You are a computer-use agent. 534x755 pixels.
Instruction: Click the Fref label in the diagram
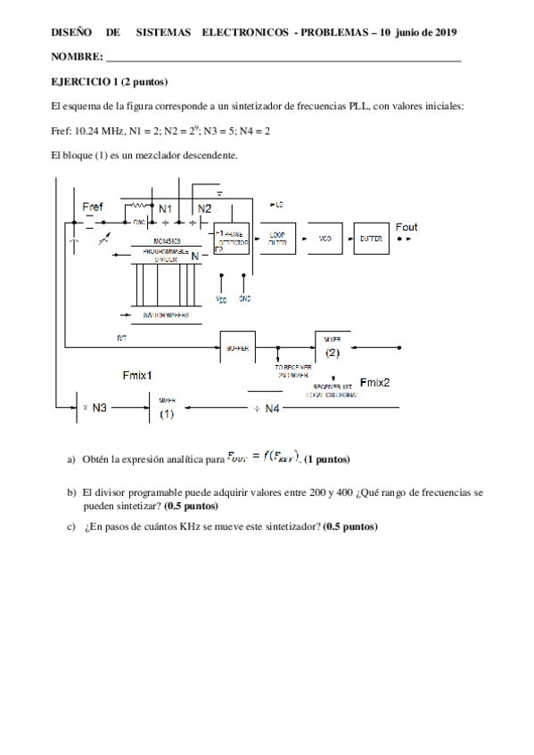[93, 207]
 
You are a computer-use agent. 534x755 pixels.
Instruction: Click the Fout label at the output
[406, 227]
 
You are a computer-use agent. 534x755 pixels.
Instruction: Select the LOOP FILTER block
[277, 239]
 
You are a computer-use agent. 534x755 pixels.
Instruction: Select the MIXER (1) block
[167, 409]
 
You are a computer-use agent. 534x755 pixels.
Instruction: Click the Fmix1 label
[137, 375]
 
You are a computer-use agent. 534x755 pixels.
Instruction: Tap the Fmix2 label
[374, 383]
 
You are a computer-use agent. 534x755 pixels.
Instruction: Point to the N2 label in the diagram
[204, 208]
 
